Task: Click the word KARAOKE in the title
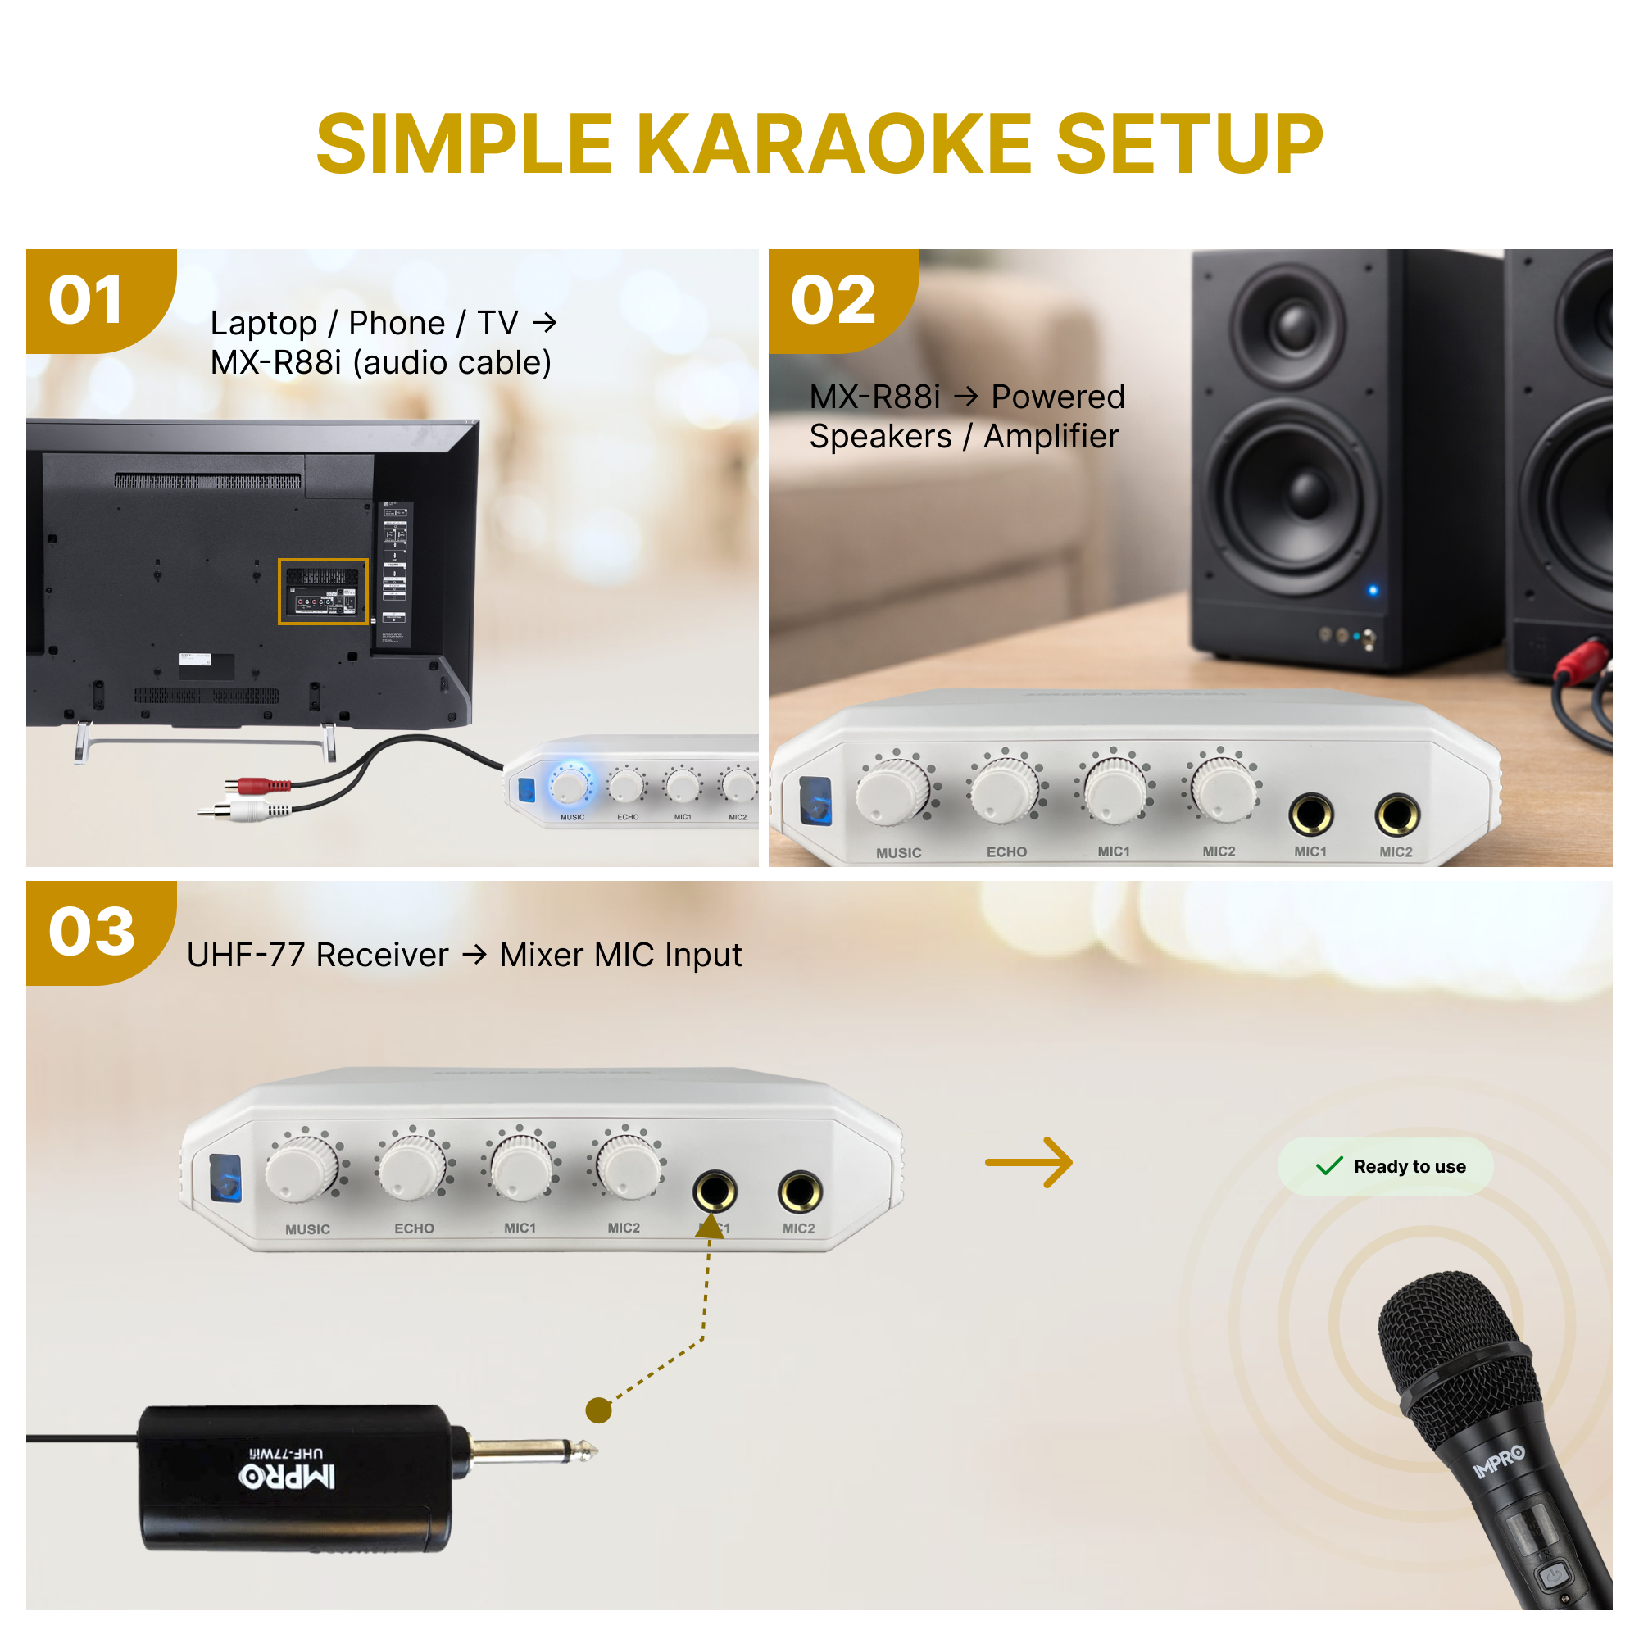(834, 144)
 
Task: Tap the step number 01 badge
(87, 300)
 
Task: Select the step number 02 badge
(833, 300)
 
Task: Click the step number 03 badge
(92, 932)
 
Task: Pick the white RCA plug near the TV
(249, 812)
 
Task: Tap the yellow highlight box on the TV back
(323, 592)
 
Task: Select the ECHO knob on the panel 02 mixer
(1005, 790)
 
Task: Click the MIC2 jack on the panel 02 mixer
(1396, 815)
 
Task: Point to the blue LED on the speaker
(1373, 590)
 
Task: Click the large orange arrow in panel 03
(1029, 1162)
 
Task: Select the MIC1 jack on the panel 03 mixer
(715, 1191)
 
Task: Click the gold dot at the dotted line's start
(599, 1410)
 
